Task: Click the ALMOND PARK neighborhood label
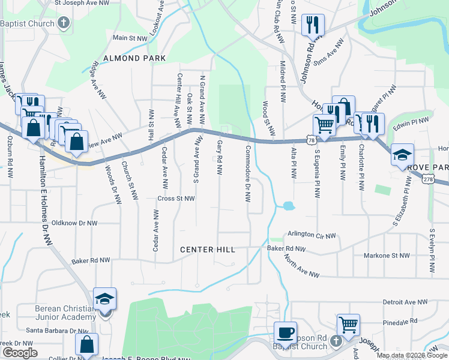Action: (x=134, y=58)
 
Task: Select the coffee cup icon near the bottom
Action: (x=285, y=332)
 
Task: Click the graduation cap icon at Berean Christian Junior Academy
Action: (x=104, y=298)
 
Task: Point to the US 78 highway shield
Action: (x=310, y=140)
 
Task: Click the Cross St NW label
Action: (x=176, y=199)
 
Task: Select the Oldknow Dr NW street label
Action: (x=74, y=223)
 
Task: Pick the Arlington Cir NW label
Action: (x=312, y=236)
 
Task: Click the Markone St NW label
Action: (x=387, y=256)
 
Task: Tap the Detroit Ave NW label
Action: (x=405, y=302)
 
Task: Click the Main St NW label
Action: (x=130, y=38)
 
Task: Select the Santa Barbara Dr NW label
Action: (x=57, y=331)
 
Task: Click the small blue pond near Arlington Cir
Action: (x=288, y=206)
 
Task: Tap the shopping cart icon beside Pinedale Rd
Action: (x=348, y=325)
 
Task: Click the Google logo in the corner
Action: (x=20, y=353)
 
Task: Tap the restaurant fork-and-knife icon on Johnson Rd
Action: (x=313, y=25)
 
